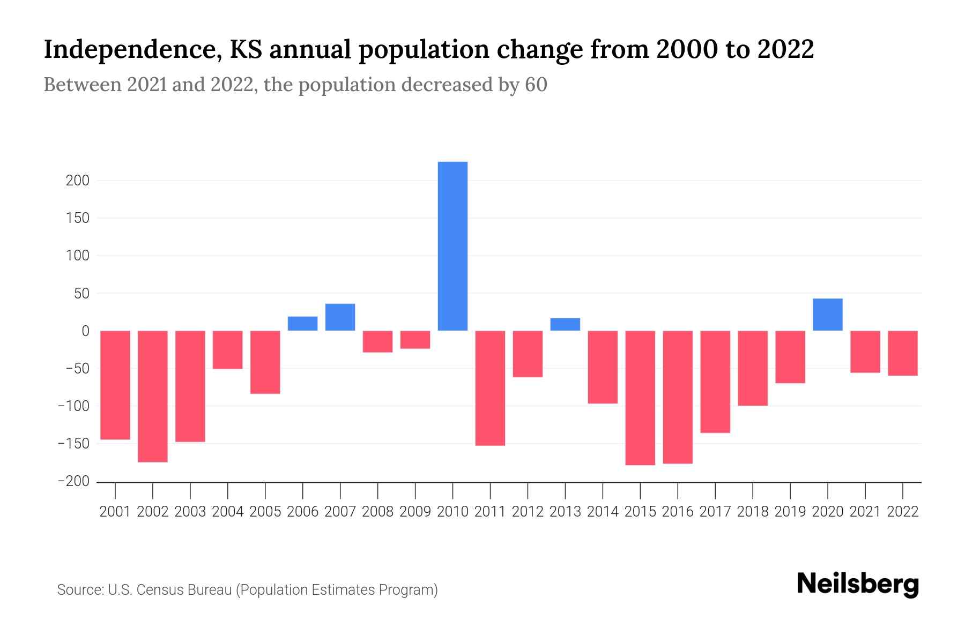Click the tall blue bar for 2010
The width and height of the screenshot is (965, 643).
pyautogui.click(x=452, y=246)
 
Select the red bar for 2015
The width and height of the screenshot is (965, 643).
pyautogui.click(x=640, y=398)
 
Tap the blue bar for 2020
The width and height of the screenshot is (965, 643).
pyautogui.click(x=827, y=315)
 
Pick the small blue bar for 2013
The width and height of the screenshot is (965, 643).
pyautogui.click(x=565, y=324)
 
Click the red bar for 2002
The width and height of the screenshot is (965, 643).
pyautogui.click(x=153, y=396)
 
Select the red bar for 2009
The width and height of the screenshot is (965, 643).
pyautogui.click(x=415, y=340)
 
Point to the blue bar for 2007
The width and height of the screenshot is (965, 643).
pyautogui.click(x=340, y=317)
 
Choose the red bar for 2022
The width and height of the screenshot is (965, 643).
pyautogui.click(x=903, y=353)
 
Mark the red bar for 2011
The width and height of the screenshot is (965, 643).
pyautogui.click(x=490, y=388)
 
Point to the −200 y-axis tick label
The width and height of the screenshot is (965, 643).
pyautogui.click(x=73, y=481)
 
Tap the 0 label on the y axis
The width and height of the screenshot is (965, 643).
pyautogui.click(x=85, y=331)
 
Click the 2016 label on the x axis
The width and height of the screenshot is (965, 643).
pyautogui.click(x=678, y=512)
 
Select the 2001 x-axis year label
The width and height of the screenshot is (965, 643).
pyautogui.click(x=115, y=512)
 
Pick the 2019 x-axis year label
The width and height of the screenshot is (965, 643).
pyautogui.click(x=790, y=512)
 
